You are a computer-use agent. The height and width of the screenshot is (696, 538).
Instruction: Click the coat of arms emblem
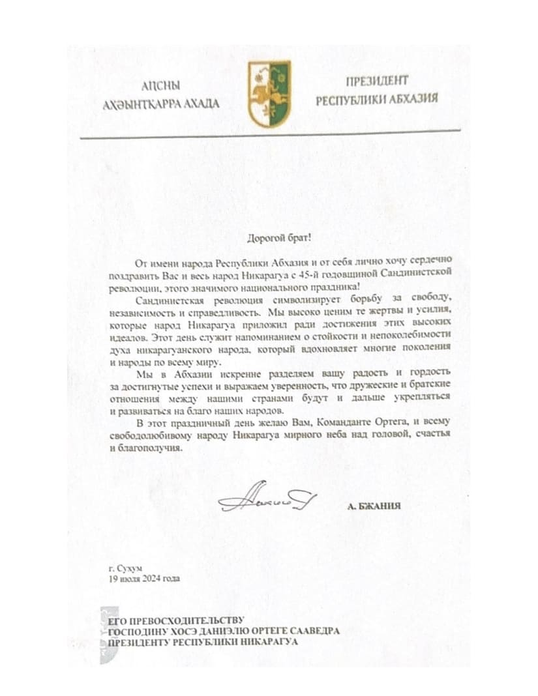[269, 94]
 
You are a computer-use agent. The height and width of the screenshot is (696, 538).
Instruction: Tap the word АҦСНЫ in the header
[161, 86]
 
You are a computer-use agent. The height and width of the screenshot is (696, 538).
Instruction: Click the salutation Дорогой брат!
[267, 239]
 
